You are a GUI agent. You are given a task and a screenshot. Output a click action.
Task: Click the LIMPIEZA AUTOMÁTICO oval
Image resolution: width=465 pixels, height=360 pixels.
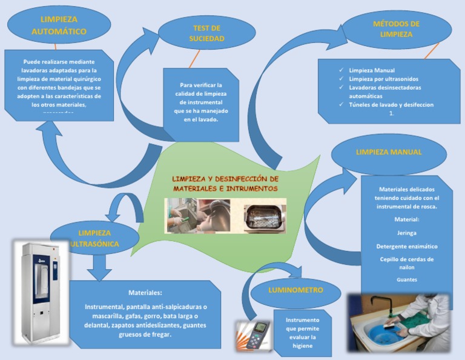point(59,25)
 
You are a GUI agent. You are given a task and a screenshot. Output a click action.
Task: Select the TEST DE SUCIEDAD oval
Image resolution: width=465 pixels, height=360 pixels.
point(206,33)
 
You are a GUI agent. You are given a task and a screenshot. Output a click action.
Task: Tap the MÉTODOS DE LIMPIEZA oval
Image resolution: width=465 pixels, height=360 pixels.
point(397,29)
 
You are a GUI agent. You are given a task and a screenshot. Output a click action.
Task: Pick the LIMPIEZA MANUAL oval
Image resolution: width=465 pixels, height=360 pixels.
point(389,152)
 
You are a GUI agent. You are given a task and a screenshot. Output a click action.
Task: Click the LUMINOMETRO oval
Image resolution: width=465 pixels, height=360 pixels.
point(295,290)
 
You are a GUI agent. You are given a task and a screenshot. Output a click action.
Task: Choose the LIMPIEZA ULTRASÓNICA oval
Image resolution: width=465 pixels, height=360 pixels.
point(94,238)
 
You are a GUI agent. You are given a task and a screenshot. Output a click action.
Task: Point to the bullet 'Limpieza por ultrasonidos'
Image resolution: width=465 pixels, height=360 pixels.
point(383,79)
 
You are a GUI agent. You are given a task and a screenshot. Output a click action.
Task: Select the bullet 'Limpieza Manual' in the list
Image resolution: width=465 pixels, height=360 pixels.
point(372,70)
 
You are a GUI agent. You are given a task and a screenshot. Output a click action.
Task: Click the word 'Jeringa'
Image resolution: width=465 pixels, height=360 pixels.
point(406,232)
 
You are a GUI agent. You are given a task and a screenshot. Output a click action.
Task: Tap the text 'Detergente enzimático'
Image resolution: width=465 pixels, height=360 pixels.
point(406,247)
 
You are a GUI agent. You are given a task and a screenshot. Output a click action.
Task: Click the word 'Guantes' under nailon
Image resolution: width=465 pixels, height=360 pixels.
point(406,279)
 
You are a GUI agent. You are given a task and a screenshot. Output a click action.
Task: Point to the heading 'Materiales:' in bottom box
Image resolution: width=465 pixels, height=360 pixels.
point(145,292)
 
